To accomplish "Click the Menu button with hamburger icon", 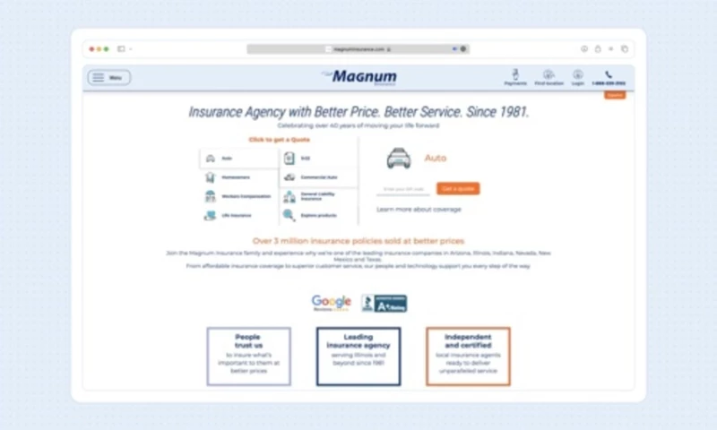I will point(108,78).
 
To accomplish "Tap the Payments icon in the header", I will point(515,76).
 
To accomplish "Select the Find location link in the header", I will point(549,76).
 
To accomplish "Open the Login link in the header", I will point(578,76).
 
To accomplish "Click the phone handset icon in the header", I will point(609,74).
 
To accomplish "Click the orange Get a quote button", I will point(458,189).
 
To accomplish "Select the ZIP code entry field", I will point(404,189).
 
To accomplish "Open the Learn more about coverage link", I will point(419,210).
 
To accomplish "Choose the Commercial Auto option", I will point(318,177).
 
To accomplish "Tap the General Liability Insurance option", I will point(318,196).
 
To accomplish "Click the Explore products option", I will point(318,216).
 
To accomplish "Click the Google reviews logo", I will point(331,303).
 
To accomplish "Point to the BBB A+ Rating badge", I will point(384,304).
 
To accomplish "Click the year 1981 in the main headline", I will point(511,113).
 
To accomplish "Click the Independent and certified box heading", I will point(468,340).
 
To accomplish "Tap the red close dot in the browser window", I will point(92,48).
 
